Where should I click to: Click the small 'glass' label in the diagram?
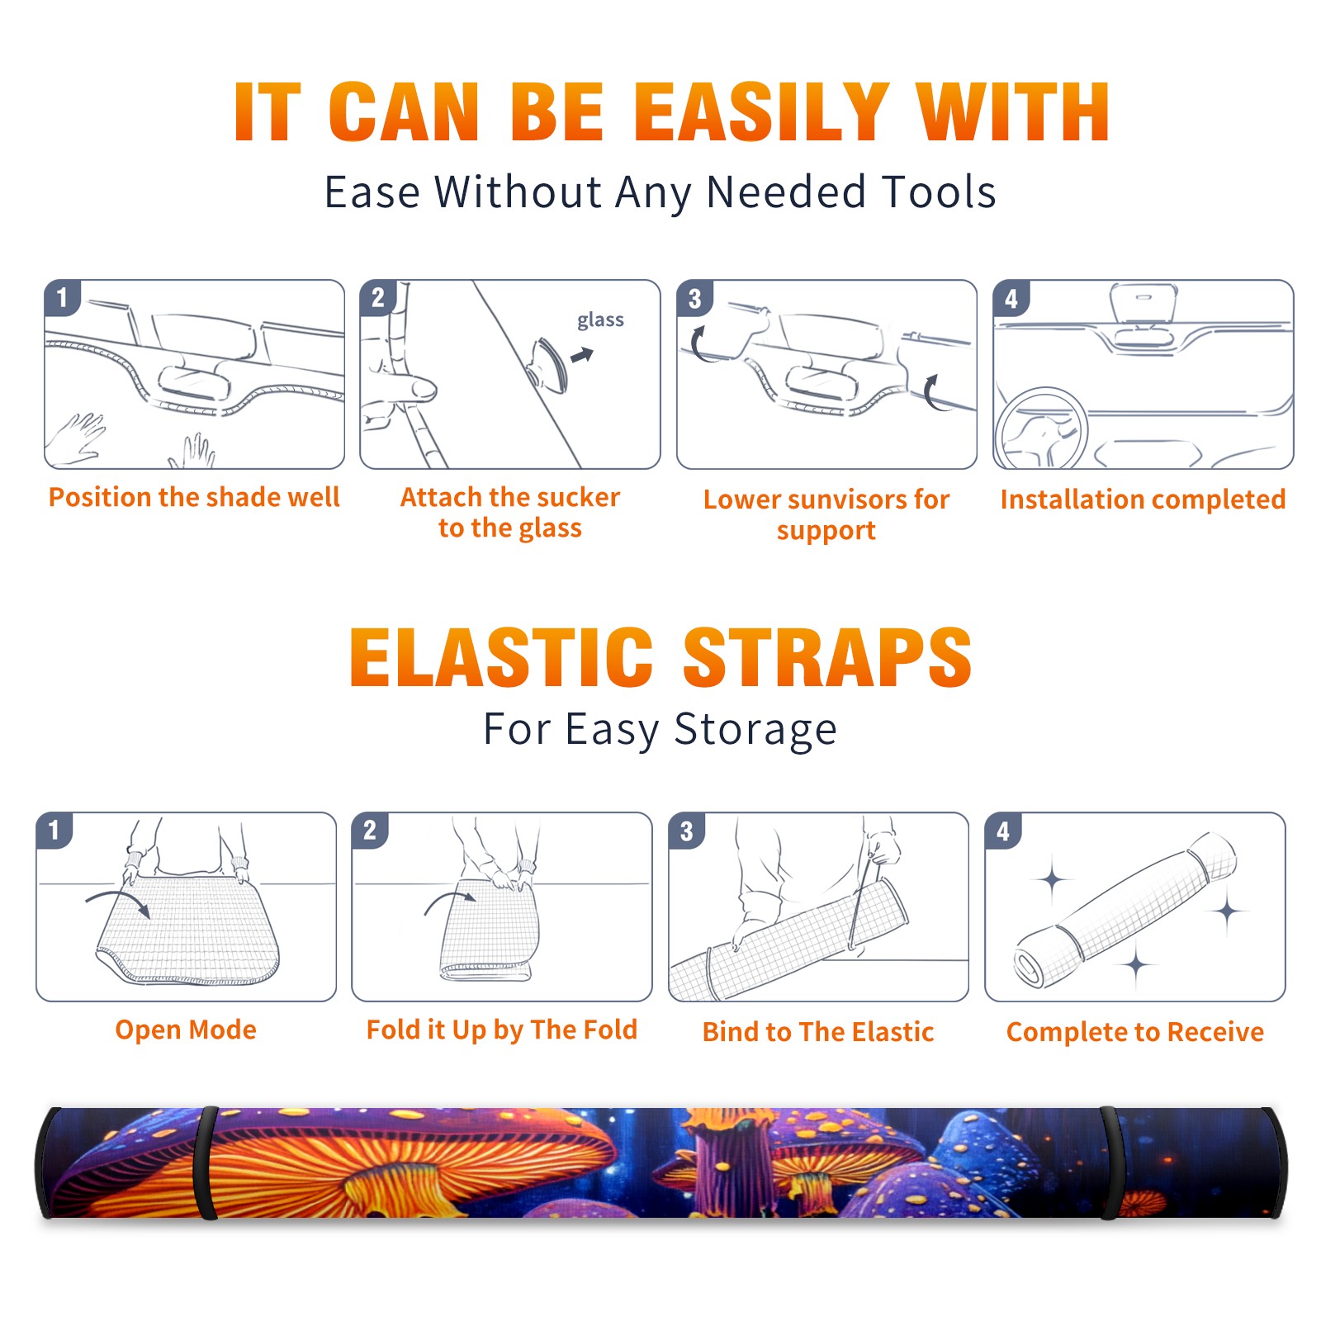click(600, 320)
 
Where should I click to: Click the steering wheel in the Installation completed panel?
click(1040, 428)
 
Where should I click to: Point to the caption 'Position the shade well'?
click(194, 497)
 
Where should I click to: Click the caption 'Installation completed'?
click(1143, 500)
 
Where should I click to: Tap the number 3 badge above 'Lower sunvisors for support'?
click(694, 298)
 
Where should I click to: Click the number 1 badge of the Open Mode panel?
click(54, 830)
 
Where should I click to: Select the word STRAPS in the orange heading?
click(827, 657)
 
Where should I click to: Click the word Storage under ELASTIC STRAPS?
click(755, 730)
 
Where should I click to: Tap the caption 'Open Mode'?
click(186, 1030)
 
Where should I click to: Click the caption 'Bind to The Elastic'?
click(818, 1032)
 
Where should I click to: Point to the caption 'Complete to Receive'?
click(1135, 1032)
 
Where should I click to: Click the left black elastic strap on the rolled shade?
click(206, 1162)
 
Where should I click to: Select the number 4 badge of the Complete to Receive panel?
click(1003, 831)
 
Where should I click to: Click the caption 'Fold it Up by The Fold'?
click(502, 1030)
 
